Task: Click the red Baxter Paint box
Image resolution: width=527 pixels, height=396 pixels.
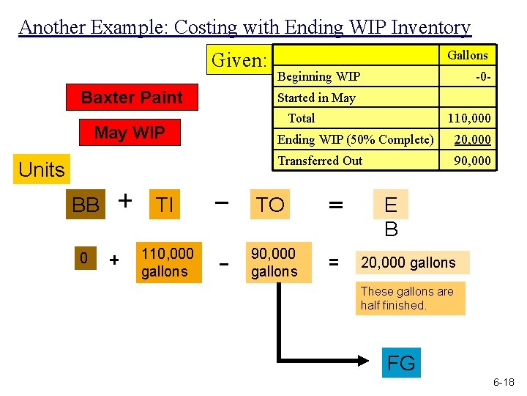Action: [132, 98]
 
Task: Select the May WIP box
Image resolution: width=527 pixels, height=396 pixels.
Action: [130, 133]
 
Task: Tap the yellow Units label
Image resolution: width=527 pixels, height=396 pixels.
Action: [42, 169]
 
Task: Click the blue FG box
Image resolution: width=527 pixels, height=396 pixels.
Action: [400, 363]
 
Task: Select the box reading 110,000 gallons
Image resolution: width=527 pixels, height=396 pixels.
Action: [168, 263]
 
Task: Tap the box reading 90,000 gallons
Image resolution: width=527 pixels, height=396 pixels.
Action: [274, 263]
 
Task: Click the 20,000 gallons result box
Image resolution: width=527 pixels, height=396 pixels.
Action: [413, 263]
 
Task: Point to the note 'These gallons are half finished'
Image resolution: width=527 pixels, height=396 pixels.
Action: [411, 298]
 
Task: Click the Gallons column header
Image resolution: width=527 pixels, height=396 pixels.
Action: [467, 55]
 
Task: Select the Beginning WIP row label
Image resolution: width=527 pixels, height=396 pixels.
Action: [318, 76]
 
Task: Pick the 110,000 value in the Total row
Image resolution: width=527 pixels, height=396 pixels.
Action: [469, 118]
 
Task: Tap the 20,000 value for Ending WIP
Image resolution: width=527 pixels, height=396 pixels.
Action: [472, 139]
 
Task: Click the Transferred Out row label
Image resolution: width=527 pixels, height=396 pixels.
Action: [320, 161]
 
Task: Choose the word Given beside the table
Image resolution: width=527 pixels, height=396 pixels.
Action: [239, 60]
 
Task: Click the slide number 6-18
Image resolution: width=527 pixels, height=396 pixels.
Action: [503, 382]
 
